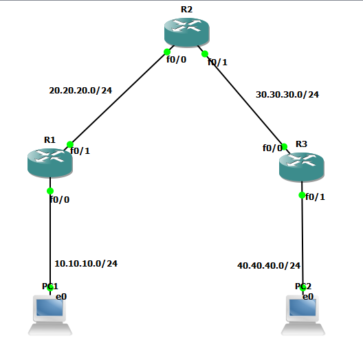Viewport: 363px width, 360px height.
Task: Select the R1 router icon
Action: point(49,161)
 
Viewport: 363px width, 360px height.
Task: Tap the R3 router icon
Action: point(301,165)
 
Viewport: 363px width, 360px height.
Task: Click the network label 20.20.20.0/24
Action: point(80,90)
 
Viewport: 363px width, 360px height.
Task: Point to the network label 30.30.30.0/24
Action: point(287,94)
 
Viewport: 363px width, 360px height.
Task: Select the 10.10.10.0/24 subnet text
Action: point(86,263)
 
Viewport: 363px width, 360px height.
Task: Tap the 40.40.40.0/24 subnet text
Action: point(269,265)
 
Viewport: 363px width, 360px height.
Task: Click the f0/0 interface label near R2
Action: point(176,59)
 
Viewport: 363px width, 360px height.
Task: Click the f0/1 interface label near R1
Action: point(80,150)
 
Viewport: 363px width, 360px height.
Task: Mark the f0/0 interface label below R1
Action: point(59,199)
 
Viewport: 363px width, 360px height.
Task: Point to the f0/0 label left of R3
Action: point(272,147)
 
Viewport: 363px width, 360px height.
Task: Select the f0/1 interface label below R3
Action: point(314,196)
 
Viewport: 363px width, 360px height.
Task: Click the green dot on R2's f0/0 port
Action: point(166,52)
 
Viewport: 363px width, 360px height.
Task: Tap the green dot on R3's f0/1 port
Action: point(301,195)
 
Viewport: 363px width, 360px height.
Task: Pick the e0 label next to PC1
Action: point(61,296)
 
